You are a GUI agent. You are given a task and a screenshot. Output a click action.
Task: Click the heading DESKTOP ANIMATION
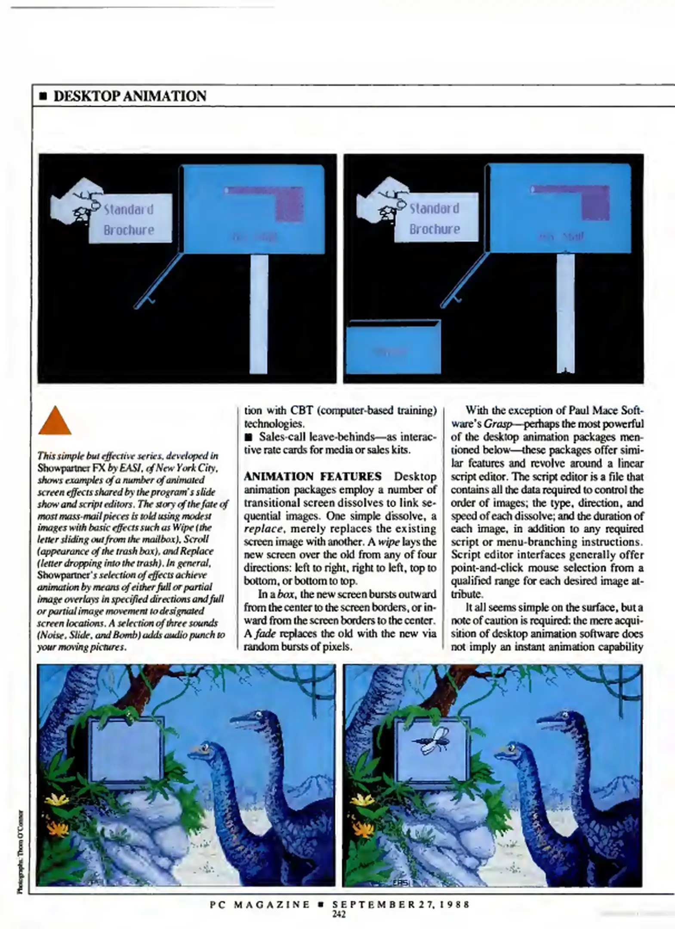[129, 96]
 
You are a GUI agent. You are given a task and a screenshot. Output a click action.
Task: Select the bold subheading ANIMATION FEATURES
[313, 476]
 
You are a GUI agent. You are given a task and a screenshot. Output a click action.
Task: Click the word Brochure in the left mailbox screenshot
[129, 230]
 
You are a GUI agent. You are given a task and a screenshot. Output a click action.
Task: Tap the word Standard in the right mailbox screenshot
[434, 209]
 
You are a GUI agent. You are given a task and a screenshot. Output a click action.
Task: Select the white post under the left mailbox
[259, 314]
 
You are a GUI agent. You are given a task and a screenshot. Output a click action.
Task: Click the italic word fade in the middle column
[265, 634]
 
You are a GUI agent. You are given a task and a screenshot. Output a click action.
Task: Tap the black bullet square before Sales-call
[248, 437]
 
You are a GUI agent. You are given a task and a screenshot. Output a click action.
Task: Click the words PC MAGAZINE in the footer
[260, 904]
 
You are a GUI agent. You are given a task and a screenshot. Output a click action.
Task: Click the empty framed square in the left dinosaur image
[126, 750]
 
